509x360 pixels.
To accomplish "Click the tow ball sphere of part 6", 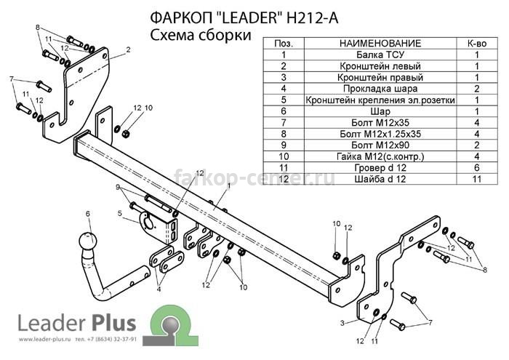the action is point(87,241).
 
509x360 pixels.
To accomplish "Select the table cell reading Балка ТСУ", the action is point(380,55).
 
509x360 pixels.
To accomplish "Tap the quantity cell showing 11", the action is point(476,179).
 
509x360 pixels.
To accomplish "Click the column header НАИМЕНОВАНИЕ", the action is point(380,43).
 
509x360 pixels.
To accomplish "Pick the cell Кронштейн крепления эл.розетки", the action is point(380,100).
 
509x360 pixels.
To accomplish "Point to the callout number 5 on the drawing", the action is point(120,213).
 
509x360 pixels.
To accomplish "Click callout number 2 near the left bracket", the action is point(128,49).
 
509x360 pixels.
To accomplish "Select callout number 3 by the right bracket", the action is point(342,323).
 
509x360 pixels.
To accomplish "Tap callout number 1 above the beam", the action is point(228,185).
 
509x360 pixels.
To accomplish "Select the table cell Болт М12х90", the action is point(380,145).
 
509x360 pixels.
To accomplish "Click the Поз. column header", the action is point(284,43).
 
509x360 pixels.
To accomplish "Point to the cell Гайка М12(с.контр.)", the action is point(380,156).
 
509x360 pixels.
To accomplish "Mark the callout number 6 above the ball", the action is point(88,214).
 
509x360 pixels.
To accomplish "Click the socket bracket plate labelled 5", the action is point(159,227).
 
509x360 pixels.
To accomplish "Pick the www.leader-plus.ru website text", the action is point(45,340).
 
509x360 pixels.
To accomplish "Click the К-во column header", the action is point(476,43).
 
